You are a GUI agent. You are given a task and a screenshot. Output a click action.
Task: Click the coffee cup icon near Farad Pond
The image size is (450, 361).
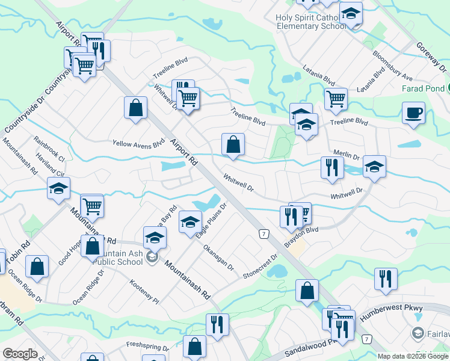tap(413, 113)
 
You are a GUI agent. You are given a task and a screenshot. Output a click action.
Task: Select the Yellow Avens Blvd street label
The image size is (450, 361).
tap(138, 144)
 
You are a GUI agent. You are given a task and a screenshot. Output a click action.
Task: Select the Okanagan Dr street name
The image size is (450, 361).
tap(218, 257)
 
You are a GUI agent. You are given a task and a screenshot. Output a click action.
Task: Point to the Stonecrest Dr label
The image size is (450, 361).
tap(261, 265)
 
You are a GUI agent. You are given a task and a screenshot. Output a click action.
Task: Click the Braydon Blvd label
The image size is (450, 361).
tap(301, 235)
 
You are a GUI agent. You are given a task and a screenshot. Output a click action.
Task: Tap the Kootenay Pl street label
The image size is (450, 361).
tap(144, 291)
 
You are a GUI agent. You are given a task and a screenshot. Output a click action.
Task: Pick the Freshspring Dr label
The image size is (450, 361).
tap(148, 346)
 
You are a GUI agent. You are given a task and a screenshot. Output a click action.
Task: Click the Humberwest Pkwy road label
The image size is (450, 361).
tap(396, 308)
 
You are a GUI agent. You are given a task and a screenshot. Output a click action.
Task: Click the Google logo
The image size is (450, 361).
tap(20, 354)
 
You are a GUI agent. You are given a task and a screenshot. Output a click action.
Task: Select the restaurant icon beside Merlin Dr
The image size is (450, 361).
tap(330, 167)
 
